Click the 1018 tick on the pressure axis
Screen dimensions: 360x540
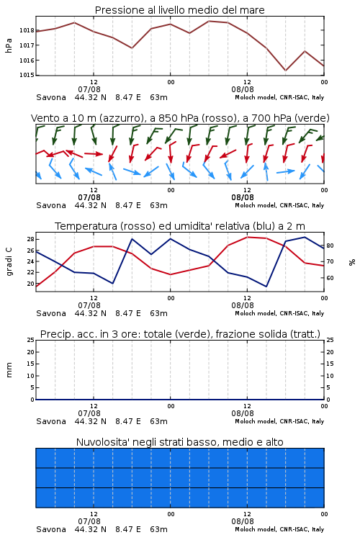point(27,30)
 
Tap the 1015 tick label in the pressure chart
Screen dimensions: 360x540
point(27,75)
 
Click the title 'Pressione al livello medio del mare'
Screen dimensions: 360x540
point(180,10)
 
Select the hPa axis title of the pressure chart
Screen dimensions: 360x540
point(9,45)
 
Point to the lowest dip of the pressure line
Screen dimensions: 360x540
point(285,71)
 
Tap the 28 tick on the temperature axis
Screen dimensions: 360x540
point(30,239)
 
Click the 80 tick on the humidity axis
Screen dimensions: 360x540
point(330,246)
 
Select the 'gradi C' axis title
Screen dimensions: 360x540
point(9,262)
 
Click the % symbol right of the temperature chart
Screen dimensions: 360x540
point(352,262)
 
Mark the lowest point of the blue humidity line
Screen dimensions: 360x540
point(266,287)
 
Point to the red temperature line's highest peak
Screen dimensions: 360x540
point(247,237)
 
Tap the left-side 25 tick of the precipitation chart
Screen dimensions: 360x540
point(30,340)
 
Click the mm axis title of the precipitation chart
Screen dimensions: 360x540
point(9,370)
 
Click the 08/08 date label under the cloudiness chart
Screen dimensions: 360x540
point(243,521)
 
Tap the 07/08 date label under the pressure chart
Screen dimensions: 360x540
point(89,89)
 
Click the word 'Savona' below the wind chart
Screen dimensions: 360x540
point(51,206)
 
